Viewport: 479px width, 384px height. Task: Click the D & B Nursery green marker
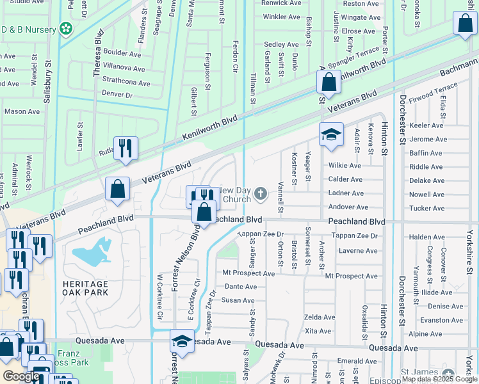[x=66, y=28]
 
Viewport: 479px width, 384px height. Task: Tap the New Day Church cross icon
[x=260, y=193]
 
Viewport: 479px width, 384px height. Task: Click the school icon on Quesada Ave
[x=182, y=341]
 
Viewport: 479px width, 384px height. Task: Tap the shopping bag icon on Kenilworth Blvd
[x=329, y=83]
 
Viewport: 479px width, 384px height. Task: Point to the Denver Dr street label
[x=117, y=94]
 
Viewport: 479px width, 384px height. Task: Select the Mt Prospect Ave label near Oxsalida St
[x=351, y=276]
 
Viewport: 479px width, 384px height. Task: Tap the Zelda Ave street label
[x=320, y=317]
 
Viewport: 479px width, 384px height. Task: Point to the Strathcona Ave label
[x=126, y=83]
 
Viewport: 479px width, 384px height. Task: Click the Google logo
[x=22, y=376]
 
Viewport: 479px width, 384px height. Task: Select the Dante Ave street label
[x=241, y=287]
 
